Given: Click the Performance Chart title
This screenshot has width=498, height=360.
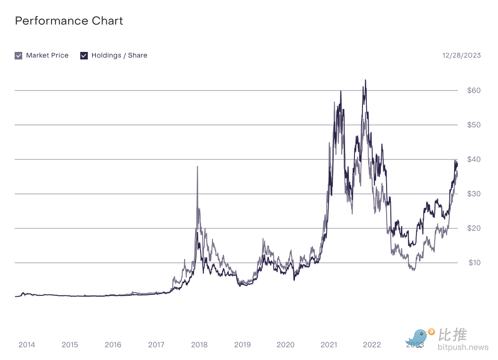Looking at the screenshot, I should [69, 21].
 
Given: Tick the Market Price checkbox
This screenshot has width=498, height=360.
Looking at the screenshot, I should [18, 56].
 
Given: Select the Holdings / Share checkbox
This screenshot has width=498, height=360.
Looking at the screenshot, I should [84, 56].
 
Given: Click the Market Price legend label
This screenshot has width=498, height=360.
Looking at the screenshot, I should [47, 55].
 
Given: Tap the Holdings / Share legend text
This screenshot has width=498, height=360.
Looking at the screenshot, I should [119, 55].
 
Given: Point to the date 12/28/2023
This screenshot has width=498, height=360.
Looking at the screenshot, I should [461, 55].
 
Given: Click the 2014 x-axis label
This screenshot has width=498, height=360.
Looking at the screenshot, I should [27, 344].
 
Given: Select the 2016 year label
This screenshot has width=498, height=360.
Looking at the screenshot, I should [113, 344].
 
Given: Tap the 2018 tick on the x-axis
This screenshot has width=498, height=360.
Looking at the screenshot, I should [199, 344].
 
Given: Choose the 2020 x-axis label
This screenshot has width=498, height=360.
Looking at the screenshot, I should [286, 344].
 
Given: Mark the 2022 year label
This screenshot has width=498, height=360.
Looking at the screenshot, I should [372, 344].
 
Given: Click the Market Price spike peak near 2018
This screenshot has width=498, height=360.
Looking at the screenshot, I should [197, 167].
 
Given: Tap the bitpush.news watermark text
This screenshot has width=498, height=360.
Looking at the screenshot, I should [463, 348].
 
